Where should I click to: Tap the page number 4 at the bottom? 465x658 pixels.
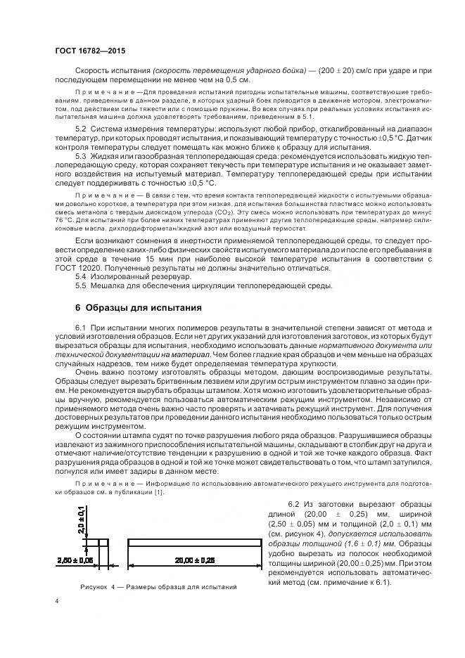pyautogui.click(x=57, y=600)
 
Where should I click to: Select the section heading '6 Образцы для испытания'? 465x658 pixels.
pyautogui.click(x=129, y=308)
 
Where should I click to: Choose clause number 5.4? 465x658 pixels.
pyautogui.click(x=80, y=276)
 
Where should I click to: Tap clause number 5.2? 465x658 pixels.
pyautogui.click(x=80, y=130)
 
